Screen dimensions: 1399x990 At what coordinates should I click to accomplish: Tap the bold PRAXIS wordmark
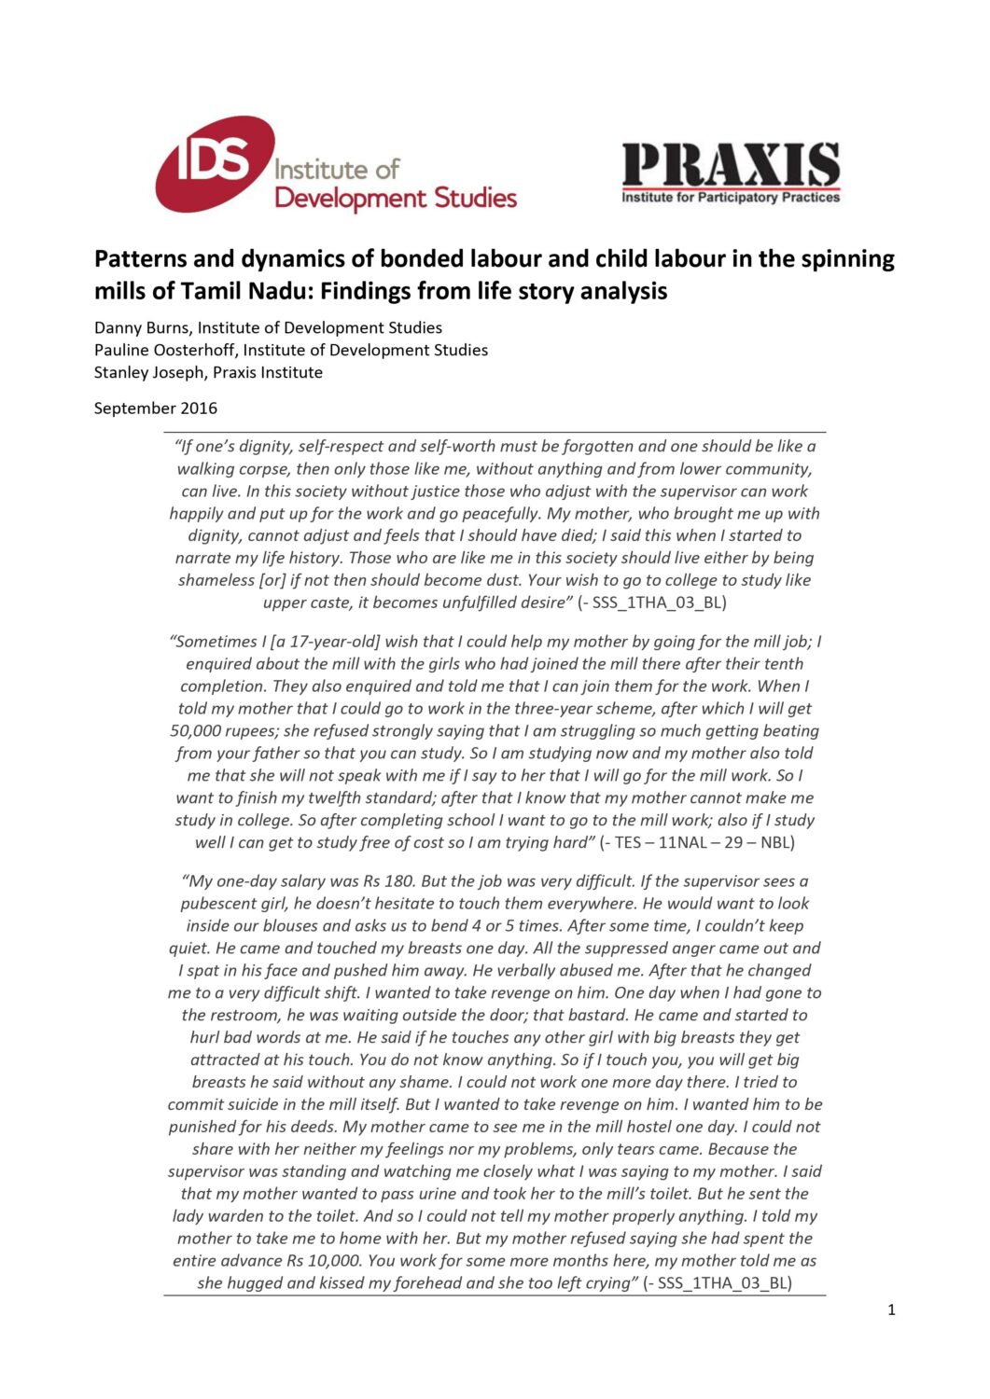coord(731,165)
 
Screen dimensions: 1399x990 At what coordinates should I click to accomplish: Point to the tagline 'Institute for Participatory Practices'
coord(731,198)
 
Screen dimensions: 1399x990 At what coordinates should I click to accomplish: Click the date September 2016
coord(156,408)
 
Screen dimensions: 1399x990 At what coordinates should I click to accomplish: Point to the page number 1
coord(891,1309)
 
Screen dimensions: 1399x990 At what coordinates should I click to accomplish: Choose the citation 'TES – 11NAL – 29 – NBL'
coord(702,843)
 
